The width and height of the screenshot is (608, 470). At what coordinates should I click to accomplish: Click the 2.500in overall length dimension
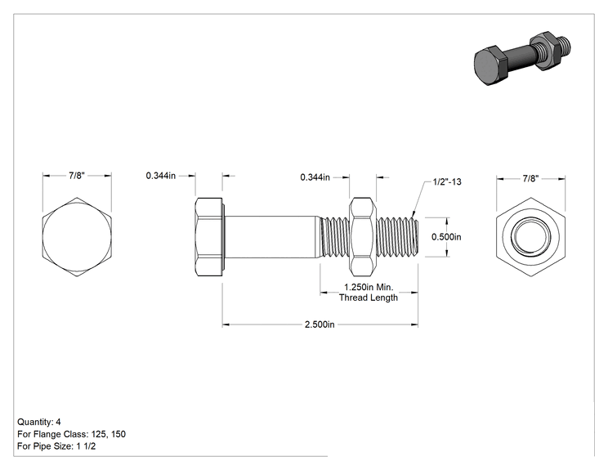pyautogui.click(x=320, y=325)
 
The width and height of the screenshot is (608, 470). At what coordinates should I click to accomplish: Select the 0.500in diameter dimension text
pyautogui.click(x=446, y=237)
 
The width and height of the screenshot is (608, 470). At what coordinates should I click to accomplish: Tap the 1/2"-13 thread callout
pyautogui.click(x=447, y=181)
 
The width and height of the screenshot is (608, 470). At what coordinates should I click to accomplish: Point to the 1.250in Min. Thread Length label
pyautogui.click(x=369, y=293)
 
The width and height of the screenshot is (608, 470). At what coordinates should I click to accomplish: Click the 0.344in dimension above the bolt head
pyautogui.click(x=160, y=176)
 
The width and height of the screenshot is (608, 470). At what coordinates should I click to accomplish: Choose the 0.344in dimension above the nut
pyautogui.click(x=315, y=177)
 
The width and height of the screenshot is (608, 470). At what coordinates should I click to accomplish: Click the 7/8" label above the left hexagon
pyautogui.click(x=77, y=175)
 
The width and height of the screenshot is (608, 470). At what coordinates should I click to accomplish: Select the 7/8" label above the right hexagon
pyautogui.click(x=530, y=178)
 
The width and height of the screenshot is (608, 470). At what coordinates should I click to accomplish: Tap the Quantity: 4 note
pyautogui.click(x=39, y=422)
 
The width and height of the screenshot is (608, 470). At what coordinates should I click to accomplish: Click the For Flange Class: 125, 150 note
pyautogui.click(x=71, y=434)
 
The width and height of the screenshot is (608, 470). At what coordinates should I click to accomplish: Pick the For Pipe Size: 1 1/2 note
pyautogui.click(x=56, y=446)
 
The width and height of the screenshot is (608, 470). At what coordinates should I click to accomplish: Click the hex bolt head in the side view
pyautogui.click(x=209, y=236)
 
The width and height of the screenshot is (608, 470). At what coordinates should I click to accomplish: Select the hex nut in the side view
pyautogui.click(x=363, y=236)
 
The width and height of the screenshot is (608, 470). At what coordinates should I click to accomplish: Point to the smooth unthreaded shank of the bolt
pyautogui.click(x=272, y=236)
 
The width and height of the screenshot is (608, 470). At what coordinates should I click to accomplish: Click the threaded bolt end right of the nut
pyautogui.click(x=397, y=236)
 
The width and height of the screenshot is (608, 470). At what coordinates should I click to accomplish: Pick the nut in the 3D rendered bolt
pyautogui.click(x=544, y=51)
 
